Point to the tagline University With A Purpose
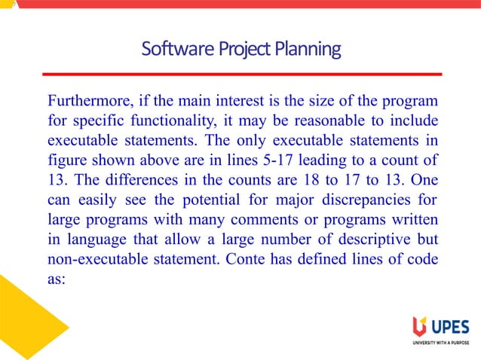pos(440,343)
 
